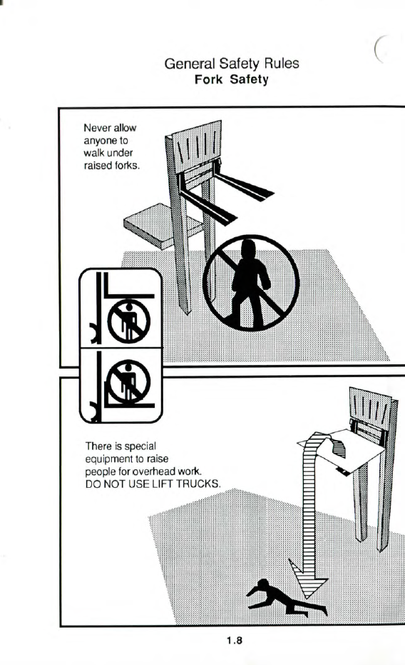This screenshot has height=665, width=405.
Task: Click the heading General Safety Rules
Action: tap(232, 64)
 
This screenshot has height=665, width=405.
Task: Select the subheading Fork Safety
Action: tap(232, 79)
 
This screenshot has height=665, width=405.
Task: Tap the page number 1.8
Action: tap(235, 641)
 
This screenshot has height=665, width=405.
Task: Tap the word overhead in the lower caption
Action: tap(154, 471)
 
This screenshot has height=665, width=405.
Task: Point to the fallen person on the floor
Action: tap(286, 598)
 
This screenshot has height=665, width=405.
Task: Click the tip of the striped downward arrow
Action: tap(303, 598)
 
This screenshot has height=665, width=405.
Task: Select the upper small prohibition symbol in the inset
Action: tap(128, 321)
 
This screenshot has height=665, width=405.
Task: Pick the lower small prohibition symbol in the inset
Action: tap(128, 381)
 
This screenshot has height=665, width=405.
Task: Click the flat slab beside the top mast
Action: tap(161, 226)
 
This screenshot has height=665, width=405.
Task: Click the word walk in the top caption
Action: tap(94, 153)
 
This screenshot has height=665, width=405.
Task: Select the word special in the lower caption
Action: tap(140, 446)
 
